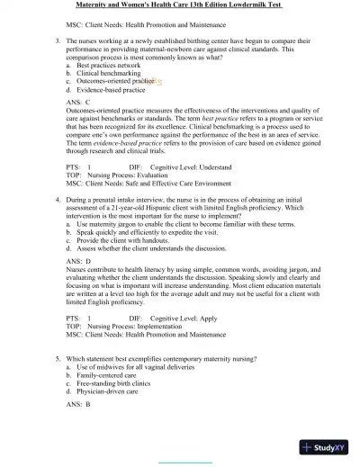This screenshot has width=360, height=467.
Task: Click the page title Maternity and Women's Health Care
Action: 180,5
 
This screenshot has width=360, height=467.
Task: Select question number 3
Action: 58,42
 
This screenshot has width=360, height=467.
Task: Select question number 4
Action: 58,196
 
